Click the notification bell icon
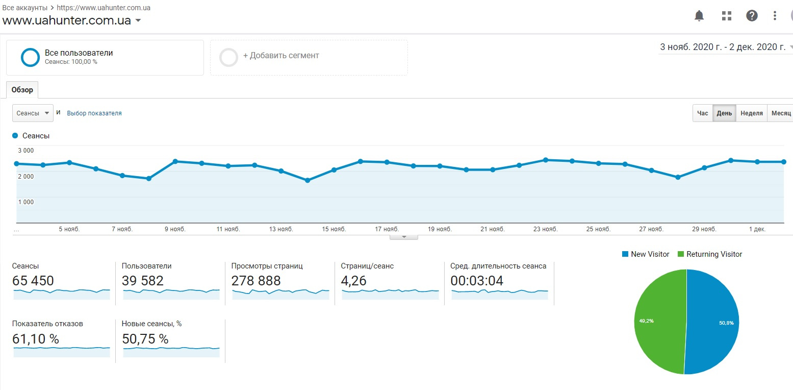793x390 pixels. coord(699,16)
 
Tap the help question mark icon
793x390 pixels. coord(752,16)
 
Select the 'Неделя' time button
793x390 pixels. coord(752,113)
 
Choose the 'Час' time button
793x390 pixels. coord(702,113)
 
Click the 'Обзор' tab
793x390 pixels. coord(22,90)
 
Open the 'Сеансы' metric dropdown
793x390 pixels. coord(33,113)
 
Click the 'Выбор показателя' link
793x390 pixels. coord(94,113)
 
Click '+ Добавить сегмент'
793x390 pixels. coord(280,56)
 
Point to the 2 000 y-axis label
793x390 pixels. coord(26,177)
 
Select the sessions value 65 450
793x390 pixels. coord(33,281)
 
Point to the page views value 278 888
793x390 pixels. coord(256,281)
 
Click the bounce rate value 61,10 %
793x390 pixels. coord(35,339)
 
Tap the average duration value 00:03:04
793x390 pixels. coord(477,281)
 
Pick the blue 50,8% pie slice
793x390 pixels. coord(714,322)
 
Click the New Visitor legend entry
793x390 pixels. coord(646,254)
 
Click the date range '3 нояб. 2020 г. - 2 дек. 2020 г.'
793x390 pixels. coord(723,47)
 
